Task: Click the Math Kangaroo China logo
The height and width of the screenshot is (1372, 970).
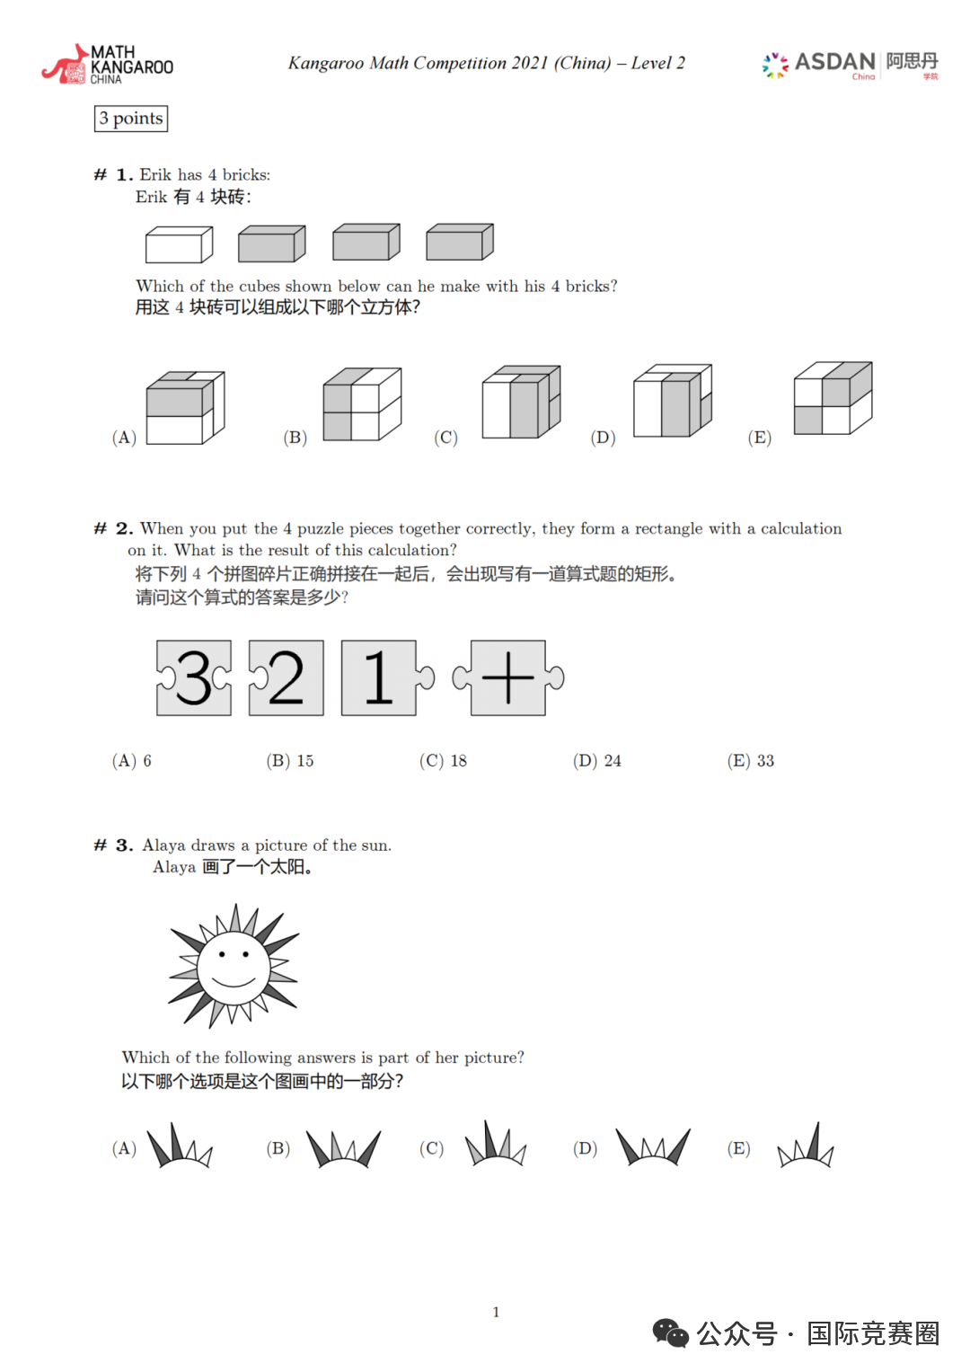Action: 107,65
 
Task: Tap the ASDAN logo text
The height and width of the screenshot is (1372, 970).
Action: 834,62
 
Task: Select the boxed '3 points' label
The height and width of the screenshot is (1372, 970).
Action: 131,119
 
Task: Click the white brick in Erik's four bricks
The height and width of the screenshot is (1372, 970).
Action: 179,244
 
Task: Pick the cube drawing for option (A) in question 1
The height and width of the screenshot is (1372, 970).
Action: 185,408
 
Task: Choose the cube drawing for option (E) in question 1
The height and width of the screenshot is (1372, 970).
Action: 833,398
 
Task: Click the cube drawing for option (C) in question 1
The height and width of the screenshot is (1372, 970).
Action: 521,402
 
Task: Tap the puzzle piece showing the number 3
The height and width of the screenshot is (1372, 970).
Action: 194,677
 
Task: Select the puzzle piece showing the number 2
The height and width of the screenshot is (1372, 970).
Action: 286,677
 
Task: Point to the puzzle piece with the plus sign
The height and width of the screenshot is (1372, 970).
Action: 508,677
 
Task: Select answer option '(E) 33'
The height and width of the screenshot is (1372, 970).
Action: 751,761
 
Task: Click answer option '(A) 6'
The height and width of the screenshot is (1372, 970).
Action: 132,761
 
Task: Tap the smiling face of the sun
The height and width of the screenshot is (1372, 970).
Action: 234,967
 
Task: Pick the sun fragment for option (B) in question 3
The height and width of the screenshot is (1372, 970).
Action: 343,1147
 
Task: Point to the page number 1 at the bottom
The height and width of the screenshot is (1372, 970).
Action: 496,1312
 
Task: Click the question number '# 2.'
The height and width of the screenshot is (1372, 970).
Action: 114,528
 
